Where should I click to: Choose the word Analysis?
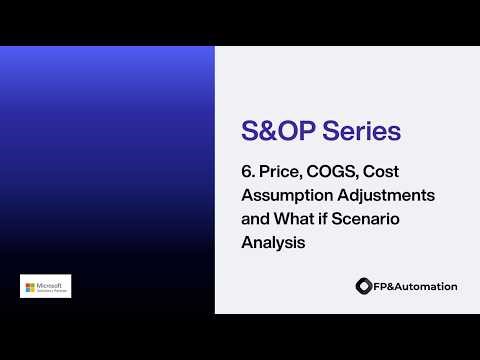coord(272,241)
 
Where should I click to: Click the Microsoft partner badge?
coord(45,286)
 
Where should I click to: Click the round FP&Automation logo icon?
coord(363,286)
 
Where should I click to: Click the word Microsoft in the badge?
coord(51,283)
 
